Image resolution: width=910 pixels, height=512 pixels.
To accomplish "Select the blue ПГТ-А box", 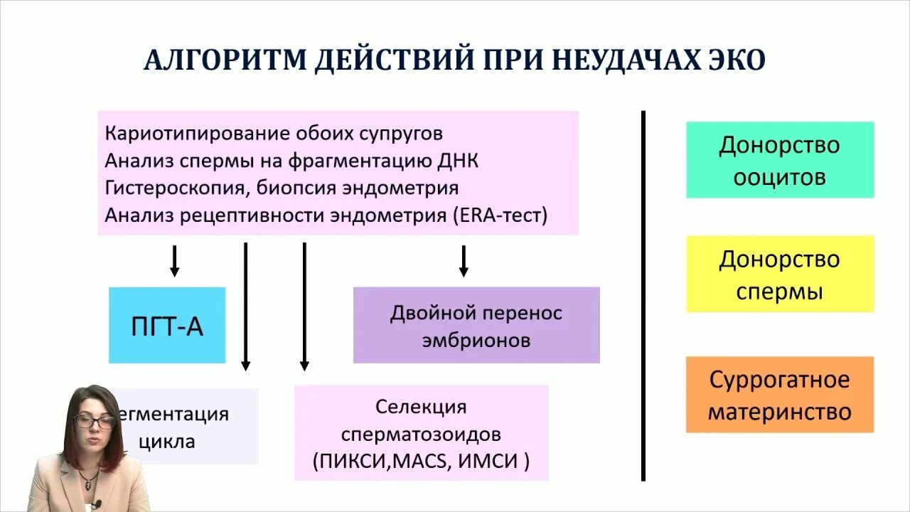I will tap(167, 326).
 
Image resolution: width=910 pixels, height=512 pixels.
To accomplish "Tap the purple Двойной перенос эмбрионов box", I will tap(476, 326).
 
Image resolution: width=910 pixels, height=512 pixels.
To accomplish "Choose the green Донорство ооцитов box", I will tap(779, 160).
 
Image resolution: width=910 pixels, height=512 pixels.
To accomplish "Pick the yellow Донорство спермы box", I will tap(779, 274).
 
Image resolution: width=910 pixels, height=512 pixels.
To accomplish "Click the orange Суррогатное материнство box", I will tap(779, 395).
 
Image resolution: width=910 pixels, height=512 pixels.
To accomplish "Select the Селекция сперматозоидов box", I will tap(422, 433).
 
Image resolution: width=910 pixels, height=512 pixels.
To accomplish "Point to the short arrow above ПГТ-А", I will tap(174, 261).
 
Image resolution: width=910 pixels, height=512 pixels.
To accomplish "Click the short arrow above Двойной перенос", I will tap(464, 261).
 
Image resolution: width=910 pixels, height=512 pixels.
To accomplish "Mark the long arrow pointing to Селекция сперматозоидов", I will tap(304, 306).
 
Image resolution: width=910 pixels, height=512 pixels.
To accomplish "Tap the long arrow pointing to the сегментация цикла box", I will tap(245, 306).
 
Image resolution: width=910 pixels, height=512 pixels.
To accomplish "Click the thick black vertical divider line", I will tap(643, 295).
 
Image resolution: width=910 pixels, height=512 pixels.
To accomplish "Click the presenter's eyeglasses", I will tap(94, 422).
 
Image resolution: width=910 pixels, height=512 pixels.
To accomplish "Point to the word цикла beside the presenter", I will tap(167, 441).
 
